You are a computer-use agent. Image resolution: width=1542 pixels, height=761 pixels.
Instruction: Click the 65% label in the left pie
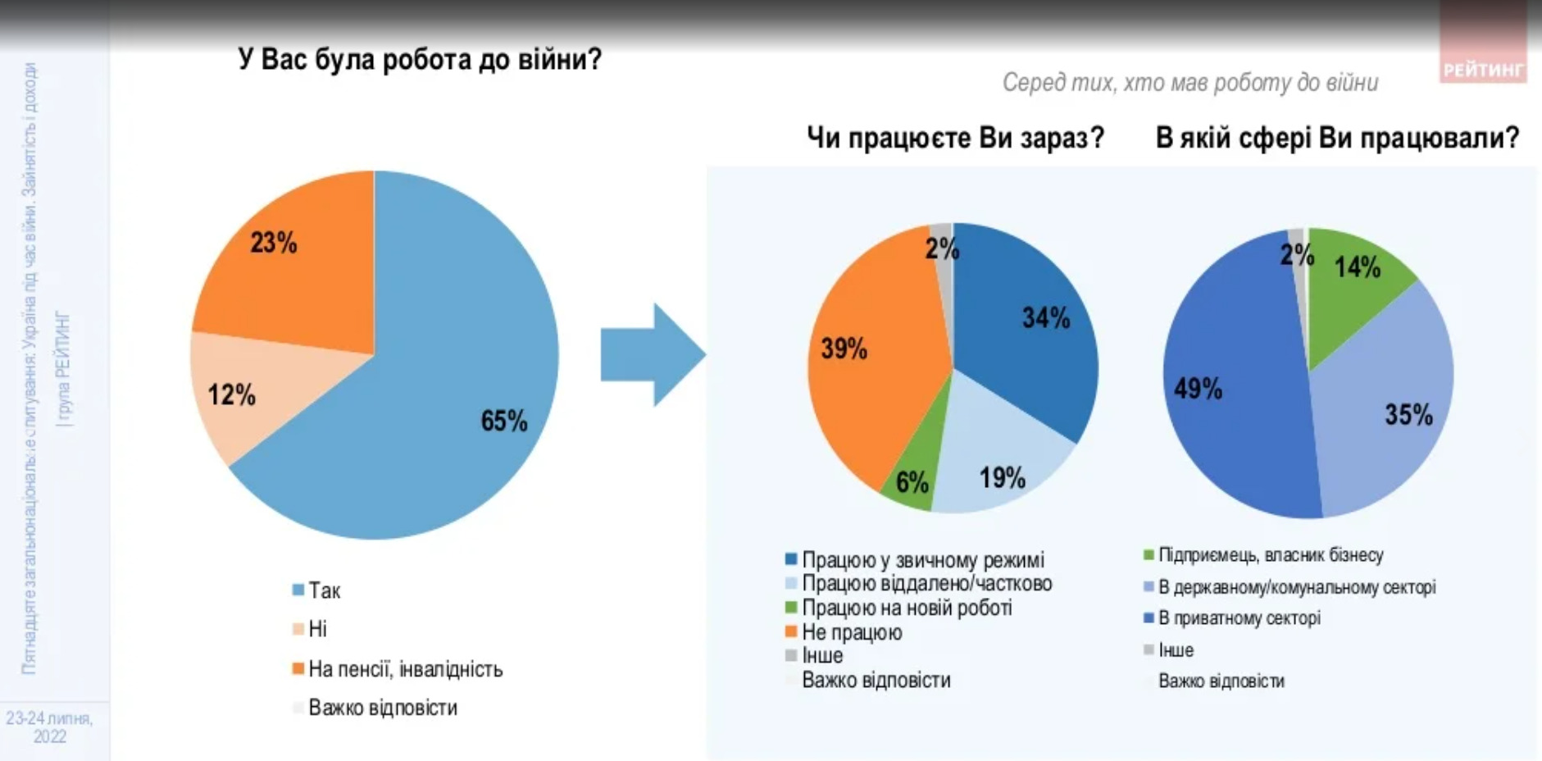coord(503,421)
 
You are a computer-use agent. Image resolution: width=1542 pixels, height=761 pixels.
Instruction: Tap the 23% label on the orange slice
coord(273,243)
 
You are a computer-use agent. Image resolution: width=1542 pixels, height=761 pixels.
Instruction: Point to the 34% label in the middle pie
coord(1045,318)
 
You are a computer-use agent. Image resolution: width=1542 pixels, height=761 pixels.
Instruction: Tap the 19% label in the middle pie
coord(1002,477)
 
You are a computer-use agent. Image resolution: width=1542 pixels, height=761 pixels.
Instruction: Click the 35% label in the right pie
coord(1408,414)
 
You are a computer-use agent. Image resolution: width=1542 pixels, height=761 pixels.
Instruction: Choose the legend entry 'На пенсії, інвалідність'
coord(405,669)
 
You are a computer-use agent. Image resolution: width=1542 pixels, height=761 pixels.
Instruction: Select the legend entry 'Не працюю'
coord(851,632)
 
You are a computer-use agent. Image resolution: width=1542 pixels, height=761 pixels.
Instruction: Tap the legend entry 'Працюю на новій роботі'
coord(906,608)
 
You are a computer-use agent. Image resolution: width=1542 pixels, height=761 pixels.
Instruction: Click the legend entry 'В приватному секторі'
coord(1238,618)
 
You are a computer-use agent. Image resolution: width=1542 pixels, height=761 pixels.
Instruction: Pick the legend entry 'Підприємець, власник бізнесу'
coord(1270,555)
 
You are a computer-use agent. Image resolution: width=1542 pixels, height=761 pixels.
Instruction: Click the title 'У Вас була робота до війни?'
coord(420,60)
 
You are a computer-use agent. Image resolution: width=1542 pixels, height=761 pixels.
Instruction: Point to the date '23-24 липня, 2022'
coord(49,727)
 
